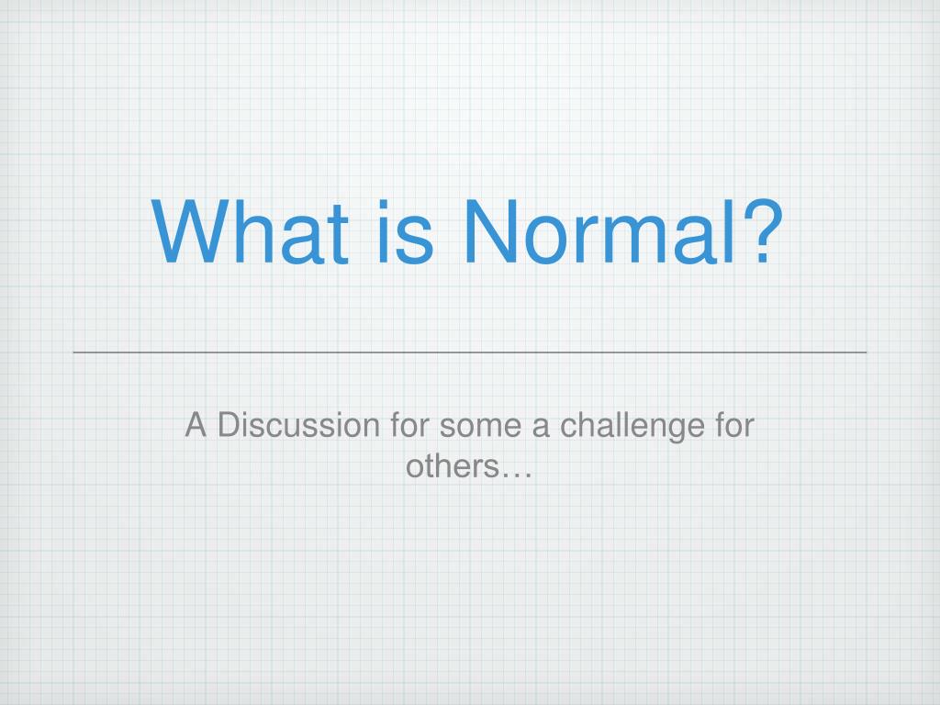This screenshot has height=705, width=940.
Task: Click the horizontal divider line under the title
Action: pyautogui.click(x=470, y=352)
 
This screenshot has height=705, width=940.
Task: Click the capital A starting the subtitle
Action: pyautogui.click(x=195, y=426)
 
